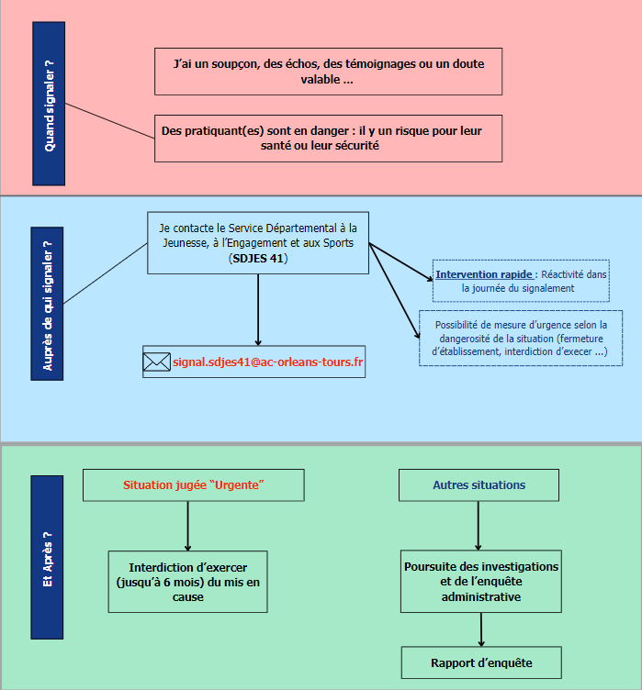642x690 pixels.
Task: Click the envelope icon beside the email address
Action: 156,362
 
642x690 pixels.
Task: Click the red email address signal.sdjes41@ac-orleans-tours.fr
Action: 268,362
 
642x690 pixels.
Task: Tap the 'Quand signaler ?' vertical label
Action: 49,104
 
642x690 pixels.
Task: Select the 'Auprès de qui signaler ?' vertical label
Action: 47,304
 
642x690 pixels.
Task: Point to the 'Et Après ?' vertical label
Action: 47,557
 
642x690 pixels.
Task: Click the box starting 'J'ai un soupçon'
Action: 328,72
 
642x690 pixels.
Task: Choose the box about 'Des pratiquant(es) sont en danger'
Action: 328,139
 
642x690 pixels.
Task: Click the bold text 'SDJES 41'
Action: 258,259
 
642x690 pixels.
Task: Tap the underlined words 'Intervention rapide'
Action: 484,274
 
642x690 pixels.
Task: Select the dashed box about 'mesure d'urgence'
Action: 521,338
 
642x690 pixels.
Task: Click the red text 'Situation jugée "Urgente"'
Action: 194,485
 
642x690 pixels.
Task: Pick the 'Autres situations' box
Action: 479,485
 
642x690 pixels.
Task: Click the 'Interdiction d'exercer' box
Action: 187,582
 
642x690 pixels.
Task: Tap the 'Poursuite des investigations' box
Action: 481,582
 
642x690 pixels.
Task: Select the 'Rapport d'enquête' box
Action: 481,662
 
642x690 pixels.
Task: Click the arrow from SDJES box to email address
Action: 258,310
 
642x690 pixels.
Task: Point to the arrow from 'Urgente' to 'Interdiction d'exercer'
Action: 187,526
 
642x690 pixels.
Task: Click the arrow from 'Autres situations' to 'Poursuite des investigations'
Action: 479,526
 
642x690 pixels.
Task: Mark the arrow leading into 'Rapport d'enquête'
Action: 481,629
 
